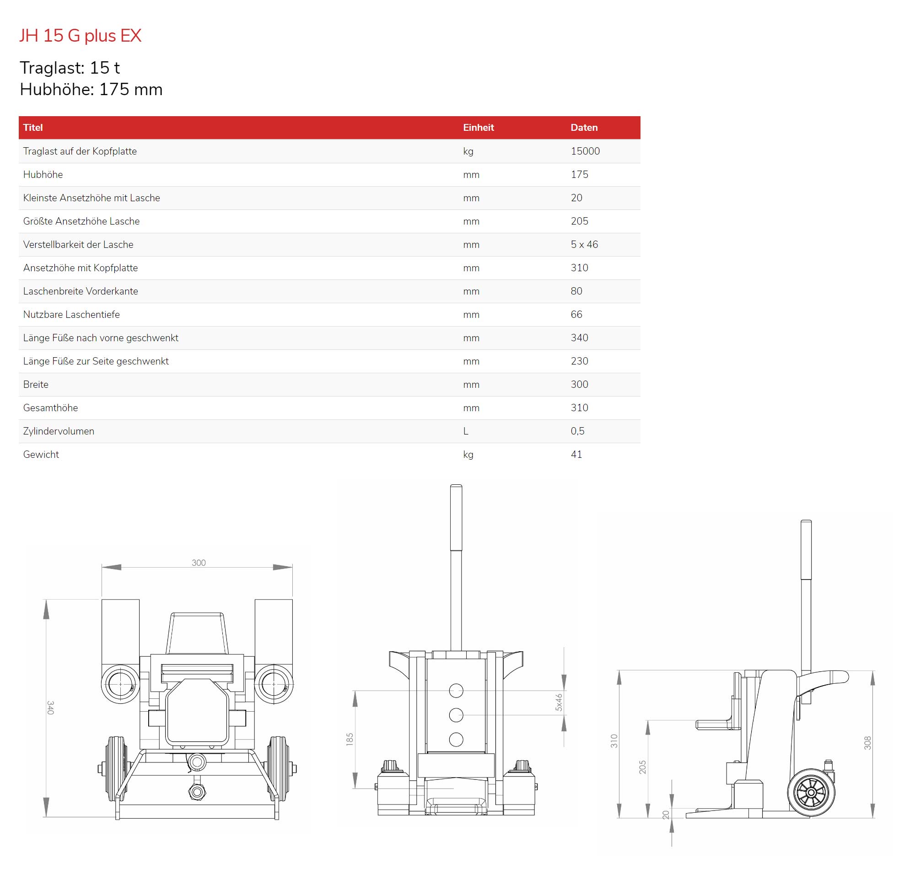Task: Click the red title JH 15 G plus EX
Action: click(x=80, y=36)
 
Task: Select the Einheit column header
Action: click(x=479, y=128)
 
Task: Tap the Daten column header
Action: click(x=584, y=128)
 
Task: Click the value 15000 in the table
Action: click(x=585, y=151)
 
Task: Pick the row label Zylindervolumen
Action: click(x=59, y=431)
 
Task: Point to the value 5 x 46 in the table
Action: click(x=584, y=244)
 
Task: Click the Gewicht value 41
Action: click(x=576, y=454)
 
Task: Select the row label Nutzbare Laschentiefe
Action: click(x=71, y=314)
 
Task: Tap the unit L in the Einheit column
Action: click(x=466, y=431)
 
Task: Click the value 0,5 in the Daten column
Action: click(x=577, y=431)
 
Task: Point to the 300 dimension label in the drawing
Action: click(x=199, y=563)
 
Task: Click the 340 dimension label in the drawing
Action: click(x=50, y=708)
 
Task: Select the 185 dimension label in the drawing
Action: click(x=350, y=739)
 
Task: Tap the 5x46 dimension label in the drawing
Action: click(x=559, y=702)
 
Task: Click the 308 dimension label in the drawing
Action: click(x=867, y=743)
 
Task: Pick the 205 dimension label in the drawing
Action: click(x=642, y=767)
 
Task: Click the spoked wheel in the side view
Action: click(x=811, y=793)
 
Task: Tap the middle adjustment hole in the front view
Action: click(x=456, y=715)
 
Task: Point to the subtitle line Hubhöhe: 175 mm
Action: click(x=91, y=89)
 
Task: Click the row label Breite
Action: click(x=36, y=384)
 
